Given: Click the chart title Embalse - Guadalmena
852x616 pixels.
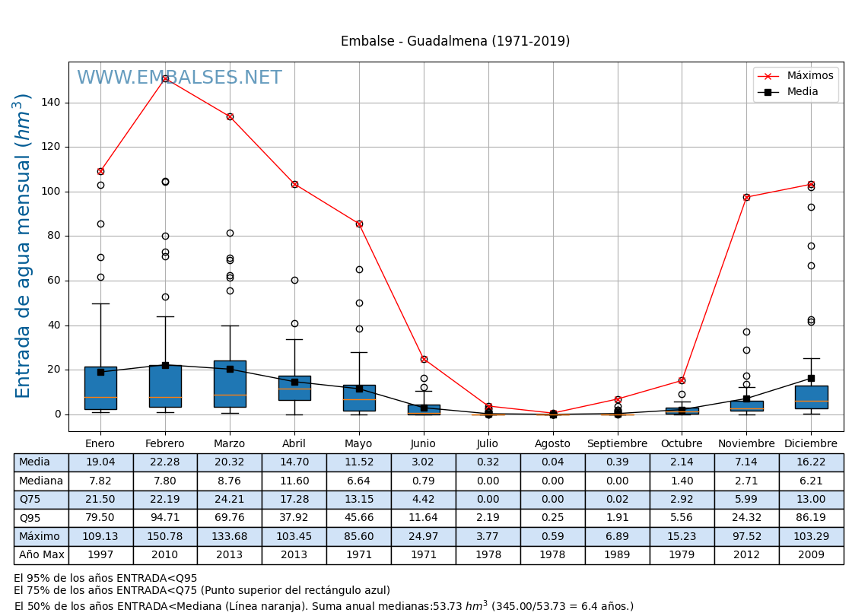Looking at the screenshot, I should [455, 42].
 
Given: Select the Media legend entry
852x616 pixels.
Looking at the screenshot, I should [803, 92].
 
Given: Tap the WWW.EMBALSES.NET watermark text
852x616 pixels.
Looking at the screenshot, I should [180, 78].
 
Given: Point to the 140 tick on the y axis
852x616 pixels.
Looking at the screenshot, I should [51, 103].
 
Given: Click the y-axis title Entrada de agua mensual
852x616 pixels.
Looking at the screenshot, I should [24, 246].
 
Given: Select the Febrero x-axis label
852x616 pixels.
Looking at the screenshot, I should [165, 444].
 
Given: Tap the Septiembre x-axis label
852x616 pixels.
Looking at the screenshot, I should [617, 444].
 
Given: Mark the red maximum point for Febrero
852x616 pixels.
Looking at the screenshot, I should [165, 78].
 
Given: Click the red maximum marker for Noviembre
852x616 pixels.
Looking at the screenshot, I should [746, 197].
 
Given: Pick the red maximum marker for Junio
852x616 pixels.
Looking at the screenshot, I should [424, 359].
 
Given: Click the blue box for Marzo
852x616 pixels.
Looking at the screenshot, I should [230, 384].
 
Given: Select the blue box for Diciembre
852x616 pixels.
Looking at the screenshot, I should [811, 397].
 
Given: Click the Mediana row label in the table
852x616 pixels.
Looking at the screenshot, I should [41, 481].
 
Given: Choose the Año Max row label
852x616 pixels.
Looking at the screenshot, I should [41, 555].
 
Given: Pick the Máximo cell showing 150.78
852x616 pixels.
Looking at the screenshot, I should [165, 537].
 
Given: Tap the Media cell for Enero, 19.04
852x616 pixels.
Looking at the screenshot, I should [100, 462].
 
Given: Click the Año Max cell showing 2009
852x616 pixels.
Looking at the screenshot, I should [811, 555].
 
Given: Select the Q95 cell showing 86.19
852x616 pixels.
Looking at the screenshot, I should [811, 518].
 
